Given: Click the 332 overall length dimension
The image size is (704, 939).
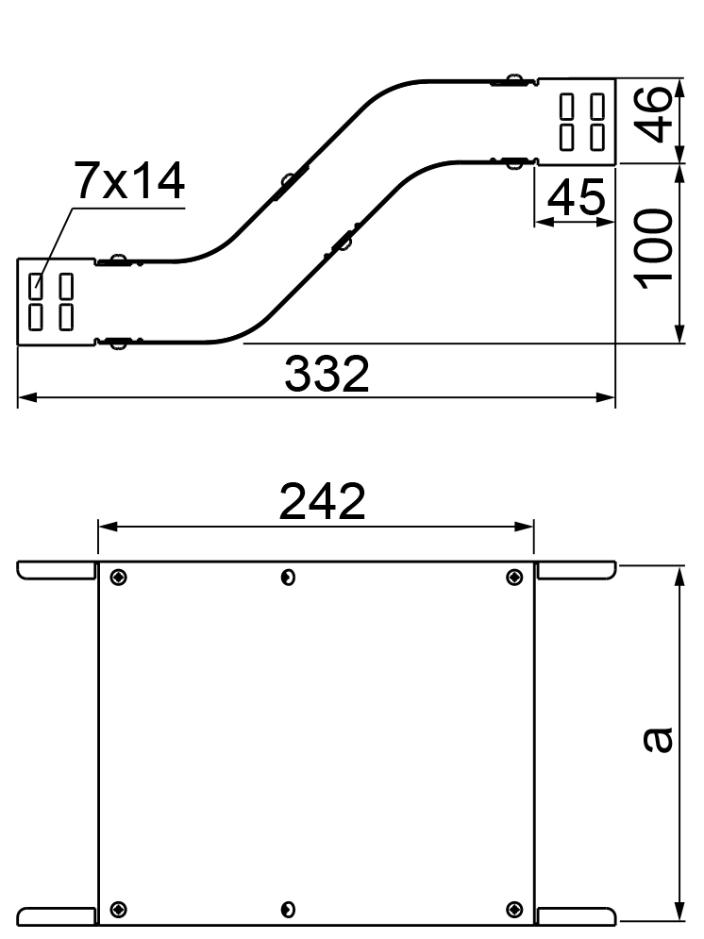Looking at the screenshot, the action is point(327,375).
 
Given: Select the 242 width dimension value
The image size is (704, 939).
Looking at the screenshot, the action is point(322,501).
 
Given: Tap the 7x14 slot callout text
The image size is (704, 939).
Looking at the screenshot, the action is point(129,181).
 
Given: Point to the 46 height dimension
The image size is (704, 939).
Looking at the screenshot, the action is point(653,114).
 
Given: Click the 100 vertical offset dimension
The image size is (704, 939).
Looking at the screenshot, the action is point(653,249).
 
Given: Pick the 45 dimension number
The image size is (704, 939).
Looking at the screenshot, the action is point(576,196).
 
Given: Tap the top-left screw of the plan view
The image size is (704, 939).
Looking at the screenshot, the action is point(119,578).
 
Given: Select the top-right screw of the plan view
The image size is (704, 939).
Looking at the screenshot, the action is point(514,578).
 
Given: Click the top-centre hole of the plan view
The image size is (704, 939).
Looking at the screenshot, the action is point(288,578).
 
